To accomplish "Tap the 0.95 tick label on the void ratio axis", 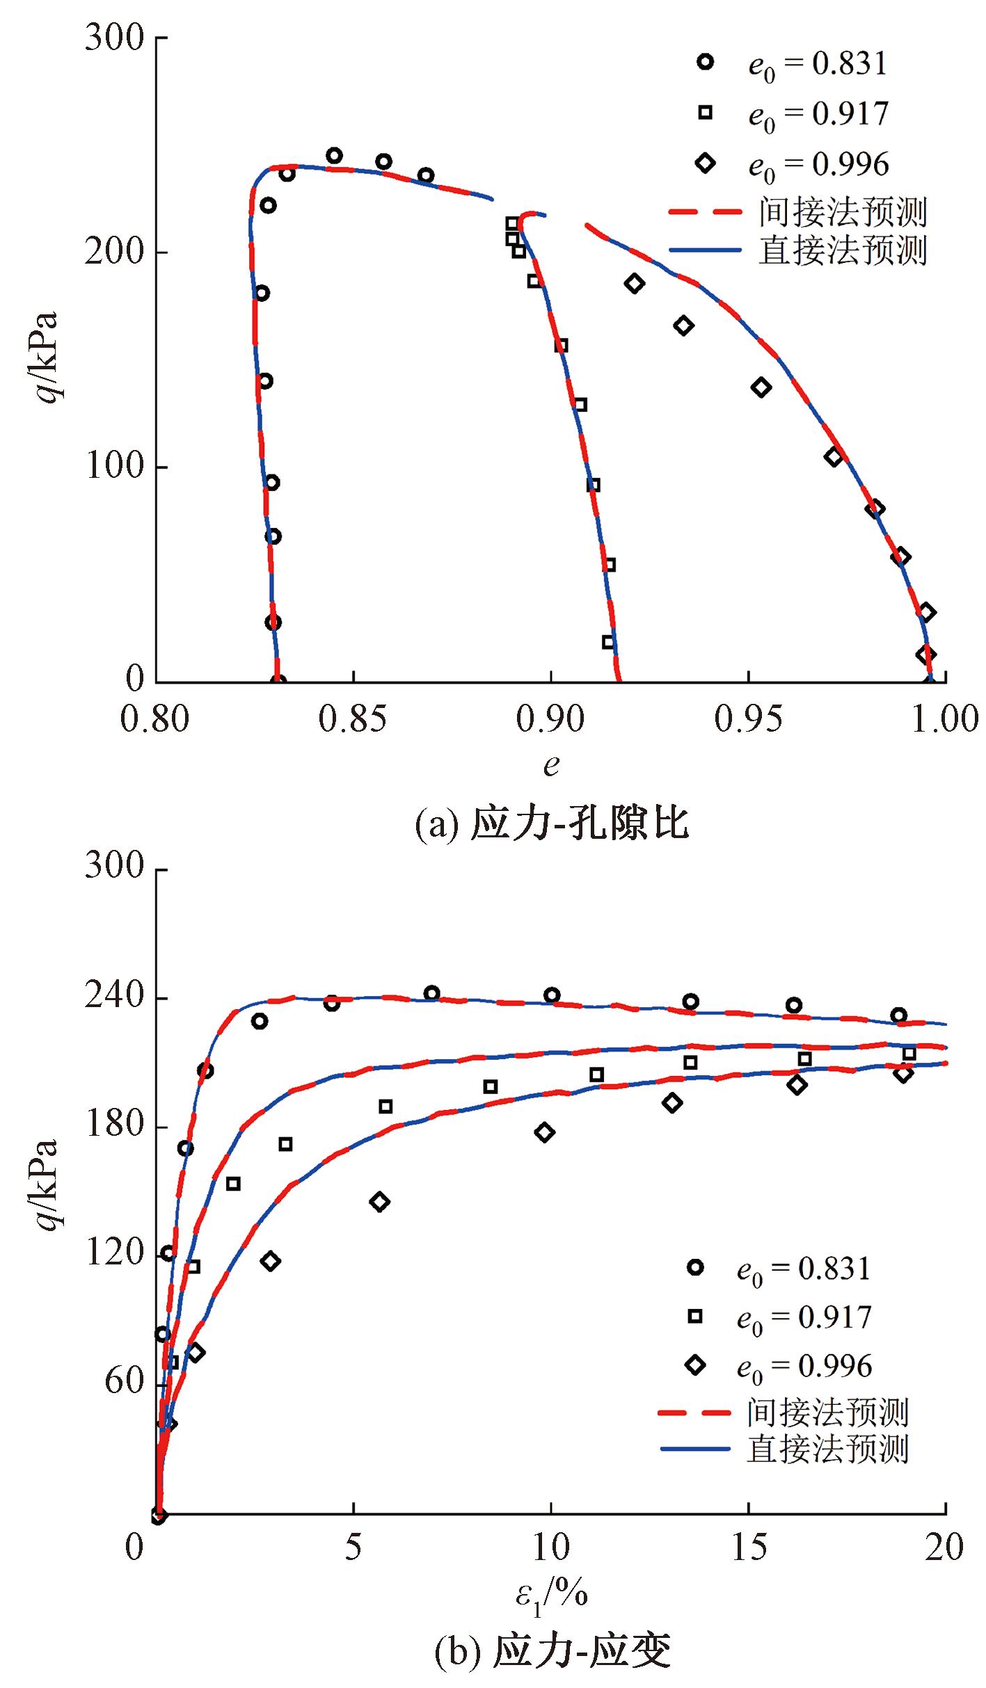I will coord(748,719).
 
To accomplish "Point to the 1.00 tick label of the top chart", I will coord(945,719).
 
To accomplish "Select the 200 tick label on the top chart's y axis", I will coord(116,252).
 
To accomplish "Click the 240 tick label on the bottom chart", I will coord(116,998).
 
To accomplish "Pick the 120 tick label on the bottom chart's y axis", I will coord(116,1254).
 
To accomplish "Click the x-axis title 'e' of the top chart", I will coord(551,765).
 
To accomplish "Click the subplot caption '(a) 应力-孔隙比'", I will coord(552,825).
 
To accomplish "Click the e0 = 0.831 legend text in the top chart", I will coord(818,65).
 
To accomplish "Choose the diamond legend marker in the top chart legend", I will coord(706,164).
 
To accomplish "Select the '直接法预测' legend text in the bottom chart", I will coord(827,1449).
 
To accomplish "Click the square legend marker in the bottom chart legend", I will coord(694,1316).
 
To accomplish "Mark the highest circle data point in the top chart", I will coord(334,155).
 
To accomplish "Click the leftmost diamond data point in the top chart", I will coord(634,283).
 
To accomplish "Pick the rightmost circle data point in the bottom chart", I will coord(898,1015).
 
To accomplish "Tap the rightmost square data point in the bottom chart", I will coord(909,1053).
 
